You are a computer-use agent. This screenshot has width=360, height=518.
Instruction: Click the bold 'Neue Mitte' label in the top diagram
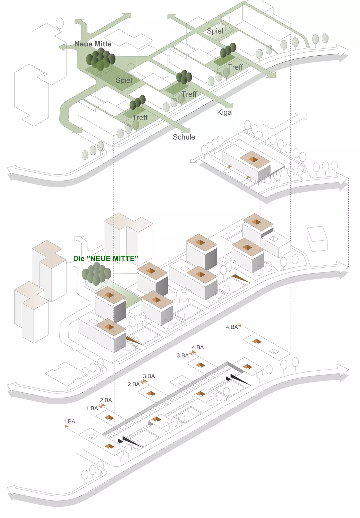click(x=93, y=44)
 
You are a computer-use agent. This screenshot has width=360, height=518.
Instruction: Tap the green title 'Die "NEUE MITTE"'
click(x=105, y=258)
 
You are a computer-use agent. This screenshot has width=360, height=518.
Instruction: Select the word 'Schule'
click(x=184, y=137)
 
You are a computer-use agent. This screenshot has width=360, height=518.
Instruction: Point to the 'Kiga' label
click(x=224, y=112)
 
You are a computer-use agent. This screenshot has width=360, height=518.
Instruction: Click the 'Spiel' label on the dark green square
click(x=124, y=80)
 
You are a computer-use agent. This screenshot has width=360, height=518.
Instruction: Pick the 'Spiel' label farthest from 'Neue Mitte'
click(x=215, y=31)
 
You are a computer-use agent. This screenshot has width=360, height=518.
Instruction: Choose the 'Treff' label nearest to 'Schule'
click(x=140, y=118)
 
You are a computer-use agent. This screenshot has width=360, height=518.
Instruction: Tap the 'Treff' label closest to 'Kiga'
click(x=189, y=94)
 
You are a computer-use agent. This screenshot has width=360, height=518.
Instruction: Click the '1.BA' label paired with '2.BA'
click(x=92, y=408)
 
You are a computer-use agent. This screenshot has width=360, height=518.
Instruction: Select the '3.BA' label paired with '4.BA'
click(x=183, y=355)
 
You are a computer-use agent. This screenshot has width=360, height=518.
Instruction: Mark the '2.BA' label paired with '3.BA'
click(x=134, y=384)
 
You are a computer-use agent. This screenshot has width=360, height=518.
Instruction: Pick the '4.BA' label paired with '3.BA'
click(x=198, y=348)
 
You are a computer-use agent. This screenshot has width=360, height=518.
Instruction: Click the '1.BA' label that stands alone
click(x=69, y=422)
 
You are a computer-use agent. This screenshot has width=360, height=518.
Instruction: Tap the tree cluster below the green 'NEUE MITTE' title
click(x=96, y=274)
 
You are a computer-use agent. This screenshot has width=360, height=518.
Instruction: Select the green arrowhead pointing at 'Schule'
click(x=187, y=130)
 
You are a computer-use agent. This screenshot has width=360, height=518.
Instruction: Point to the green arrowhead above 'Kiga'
click(x=230, y=105)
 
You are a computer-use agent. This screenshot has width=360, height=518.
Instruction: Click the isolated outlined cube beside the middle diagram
click(x=317, y=239)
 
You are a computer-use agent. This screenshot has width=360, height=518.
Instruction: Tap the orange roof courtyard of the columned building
click(x=253, y=159)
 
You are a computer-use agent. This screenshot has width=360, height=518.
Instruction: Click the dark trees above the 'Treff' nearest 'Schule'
click(x=138, y=102)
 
